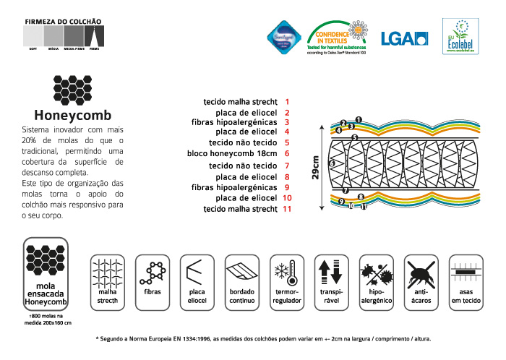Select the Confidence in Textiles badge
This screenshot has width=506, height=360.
[x=338, y=36]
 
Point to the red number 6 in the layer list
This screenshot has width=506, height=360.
[x=287, y=153]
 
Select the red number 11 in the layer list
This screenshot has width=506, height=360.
[x=287, y=210]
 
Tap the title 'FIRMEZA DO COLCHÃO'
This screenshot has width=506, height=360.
[x=64, y=22]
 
